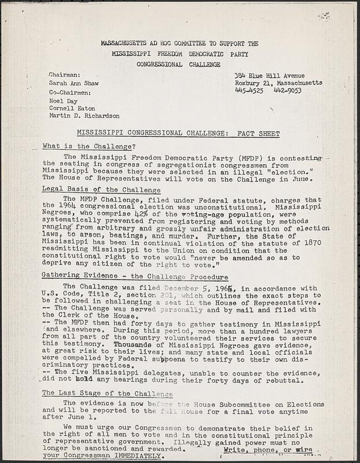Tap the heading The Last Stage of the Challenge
coord(108,393)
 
